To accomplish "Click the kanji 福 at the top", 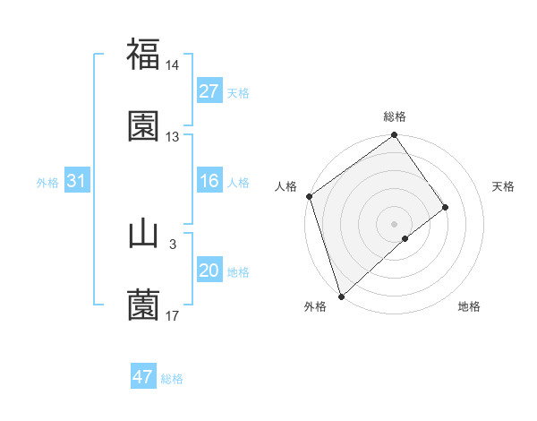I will [x=143, y=55].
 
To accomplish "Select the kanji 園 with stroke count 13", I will [x=143, y=126].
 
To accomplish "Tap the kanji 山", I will [x=143, y=234].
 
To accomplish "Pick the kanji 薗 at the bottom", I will [x=143, y=305].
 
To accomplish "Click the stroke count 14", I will [x=172, y=65].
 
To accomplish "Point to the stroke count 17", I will [x=172, y=316].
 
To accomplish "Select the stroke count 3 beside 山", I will [x=172, y=244].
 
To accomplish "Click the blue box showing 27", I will [x=209, y=91].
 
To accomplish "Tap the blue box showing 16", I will [x=209, y=182].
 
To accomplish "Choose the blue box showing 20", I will [x=209, y=271].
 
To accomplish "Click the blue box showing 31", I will [x=76, y=182].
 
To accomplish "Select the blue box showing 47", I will [x=143, y=377].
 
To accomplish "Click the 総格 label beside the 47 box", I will [x=172, y=379].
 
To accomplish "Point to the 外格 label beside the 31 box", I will [x=47, y=183].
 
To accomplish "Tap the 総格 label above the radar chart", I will [x=395, y=116].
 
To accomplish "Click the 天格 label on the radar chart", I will [x=504, y=186].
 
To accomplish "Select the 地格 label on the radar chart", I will [x=469, y=306].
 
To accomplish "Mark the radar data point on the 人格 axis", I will [x=310, y=196].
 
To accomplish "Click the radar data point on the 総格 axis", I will [x=395, y=136].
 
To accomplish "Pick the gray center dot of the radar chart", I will [x=395, y=223].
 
